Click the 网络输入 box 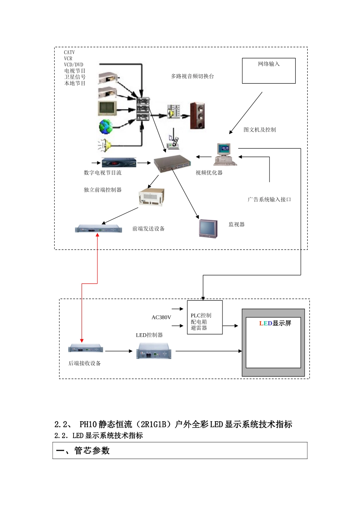(269, 71)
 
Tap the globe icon (106, 127)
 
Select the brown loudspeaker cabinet (197, 116)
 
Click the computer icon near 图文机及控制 (224, 155)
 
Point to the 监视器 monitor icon (208, 228)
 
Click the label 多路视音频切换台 (192, 76)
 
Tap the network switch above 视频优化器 (172, 164)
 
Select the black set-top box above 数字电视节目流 (119, 163)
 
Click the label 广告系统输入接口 (269, 200)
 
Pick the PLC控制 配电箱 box (205, 317)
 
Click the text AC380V (161, 317)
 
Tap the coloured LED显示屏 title (275, 323)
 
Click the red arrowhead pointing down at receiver (81, 341)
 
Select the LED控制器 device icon (154, 351)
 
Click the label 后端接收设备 (85, 363)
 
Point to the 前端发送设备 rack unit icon (99, 229)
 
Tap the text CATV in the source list (69, 53)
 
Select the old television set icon (108, 108)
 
